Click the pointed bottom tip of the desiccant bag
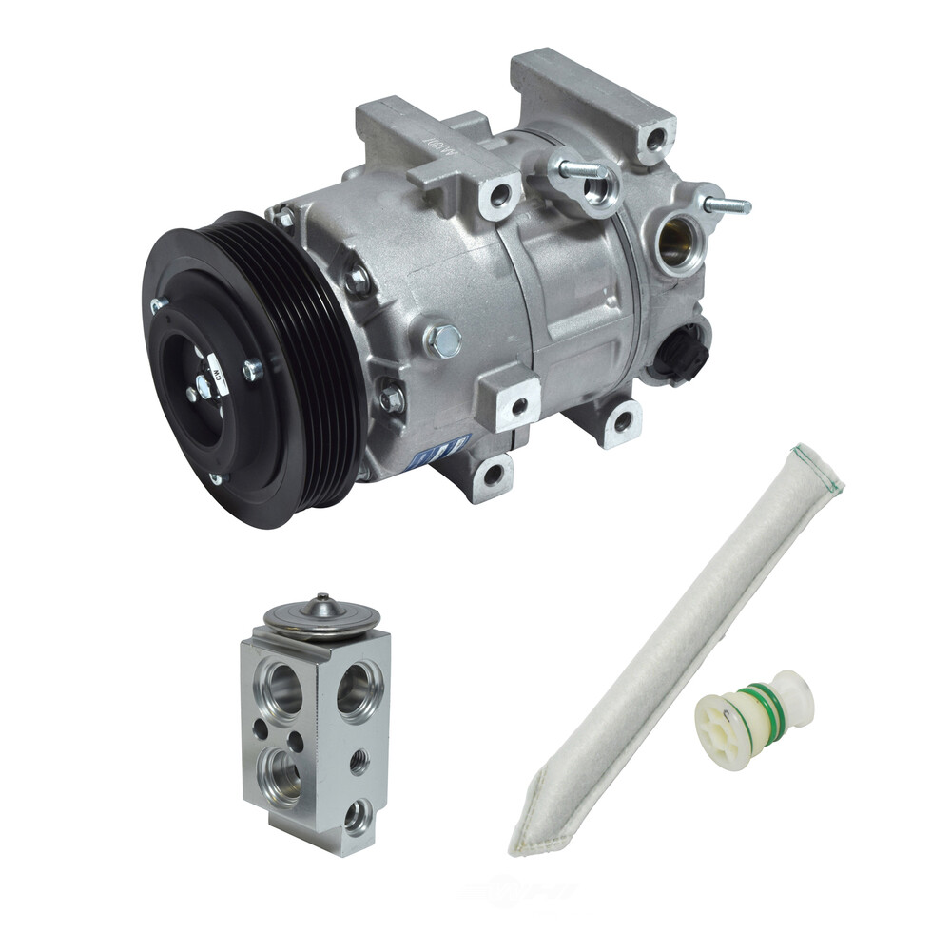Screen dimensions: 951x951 coord(522,842)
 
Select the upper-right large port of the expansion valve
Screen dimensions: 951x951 coord(359,688)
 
